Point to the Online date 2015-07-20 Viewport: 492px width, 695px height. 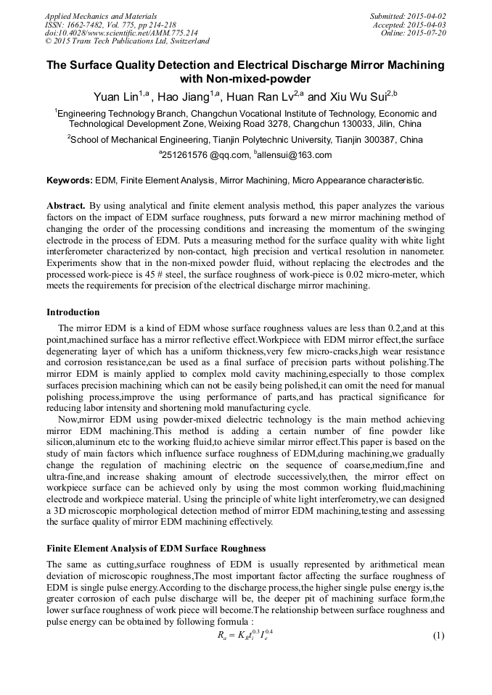tap(429, 33)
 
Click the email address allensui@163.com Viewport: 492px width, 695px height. tap(294, 154)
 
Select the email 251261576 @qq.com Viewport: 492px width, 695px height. tap(203, 154)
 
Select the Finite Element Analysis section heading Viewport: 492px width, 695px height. tap(156, 548)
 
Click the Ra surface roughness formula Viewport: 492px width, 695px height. tap(244, 635)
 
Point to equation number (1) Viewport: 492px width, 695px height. tap(438, 636)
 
